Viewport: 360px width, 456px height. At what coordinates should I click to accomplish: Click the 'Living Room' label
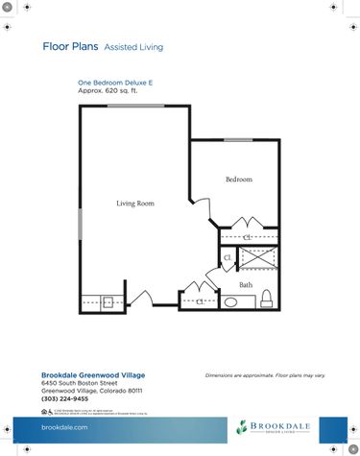point(135,204)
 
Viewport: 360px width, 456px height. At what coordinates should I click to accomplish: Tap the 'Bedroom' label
point(239,180)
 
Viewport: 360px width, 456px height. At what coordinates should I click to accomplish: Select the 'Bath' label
point(246,285)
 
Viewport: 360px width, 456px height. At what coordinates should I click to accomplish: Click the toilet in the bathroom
point(269,299)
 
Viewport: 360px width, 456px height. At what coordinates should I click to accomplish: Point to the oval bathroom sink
point(231,302)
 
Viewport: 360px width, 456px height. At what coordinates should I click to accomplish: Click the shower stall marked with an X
point(257,258)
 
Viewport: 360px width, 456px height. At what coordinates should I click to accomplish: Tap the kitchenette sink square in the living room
point(108,302)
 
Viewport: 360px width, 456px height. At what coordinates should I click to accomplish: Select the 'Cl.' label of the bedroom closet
point(247,235)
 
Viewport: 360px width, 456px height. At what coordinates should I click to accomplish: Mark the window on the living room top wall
point(128,106)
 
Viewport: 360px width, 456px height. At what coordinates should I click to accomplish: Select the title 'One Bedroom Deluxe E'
point(115,84)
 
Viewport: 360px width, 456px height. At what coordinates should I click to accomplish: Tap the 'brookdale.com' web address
point(65,427)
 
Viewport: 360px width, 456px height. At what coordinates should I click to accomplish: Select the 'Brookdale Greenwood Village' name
point(91,375)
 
